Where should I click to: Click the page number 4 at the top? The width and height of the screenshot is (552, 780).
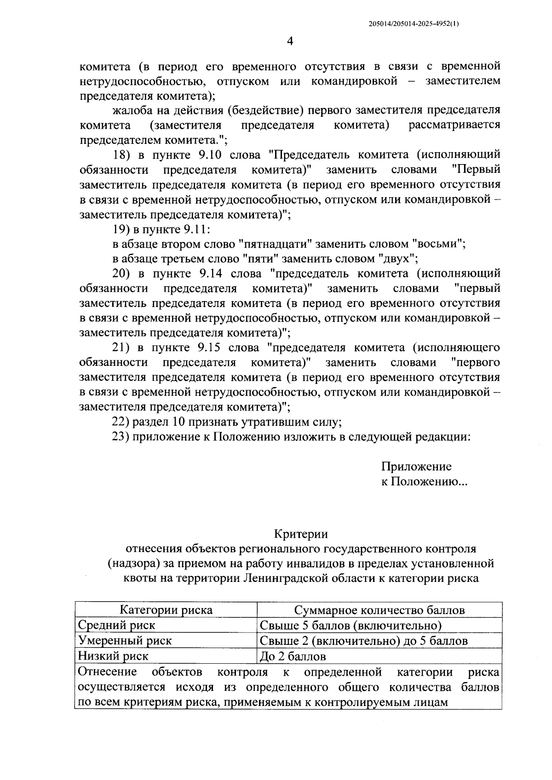point(289,42)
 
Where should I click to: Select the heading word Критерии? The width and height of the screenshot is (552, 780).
point(301,534)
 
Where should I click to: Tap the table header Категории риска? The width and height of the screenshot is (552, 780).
point(166,610)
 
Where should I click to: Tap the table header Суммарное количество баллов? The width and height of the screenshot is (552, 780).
point(379,610)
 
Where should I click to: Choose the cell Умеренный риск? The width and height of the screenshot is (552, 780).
point(125,640)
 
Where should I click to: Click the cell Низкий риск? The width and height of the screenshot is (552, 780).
point(113,656)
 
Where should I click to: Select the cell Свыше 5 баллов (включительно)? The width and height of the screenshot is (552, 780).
point(351,625)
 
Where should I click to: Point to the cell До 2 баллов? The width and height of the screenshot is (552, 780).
point(293,656)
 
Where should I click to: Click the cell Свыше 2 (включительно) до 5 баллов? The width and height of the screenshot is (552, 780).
point(363,640)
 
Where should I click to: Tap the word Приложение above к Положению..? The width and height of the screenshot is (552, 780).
point(416,467)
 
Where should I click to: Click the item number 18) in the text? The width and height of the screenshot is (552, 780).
point(122,155)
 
